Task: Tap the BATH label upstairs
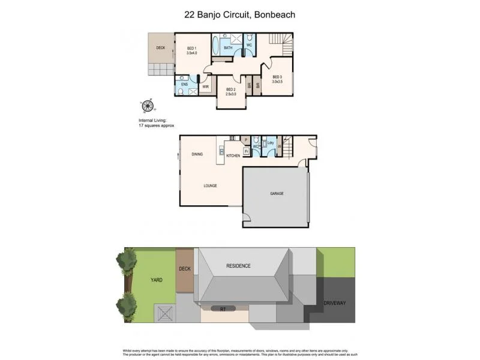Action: click(x=228, y=47)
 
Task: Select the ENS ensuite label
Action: click(x=184, y=85)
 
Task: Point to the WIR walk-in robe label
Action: click(x=205, y=86)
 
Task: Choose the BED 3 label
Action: click(x=277, y=77)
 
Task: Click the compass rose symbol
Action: click(x=145, y=107)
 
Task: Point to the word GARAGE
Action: click(x=276, y=194)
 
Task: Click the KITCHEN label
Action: click(x=233, y=155)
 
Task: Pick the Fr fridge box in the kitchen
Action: click(x=246, y=151)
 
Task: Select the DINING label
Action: click(x=197, y=154)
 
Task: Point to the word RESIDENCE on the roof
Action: click(x=238, y=266)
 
